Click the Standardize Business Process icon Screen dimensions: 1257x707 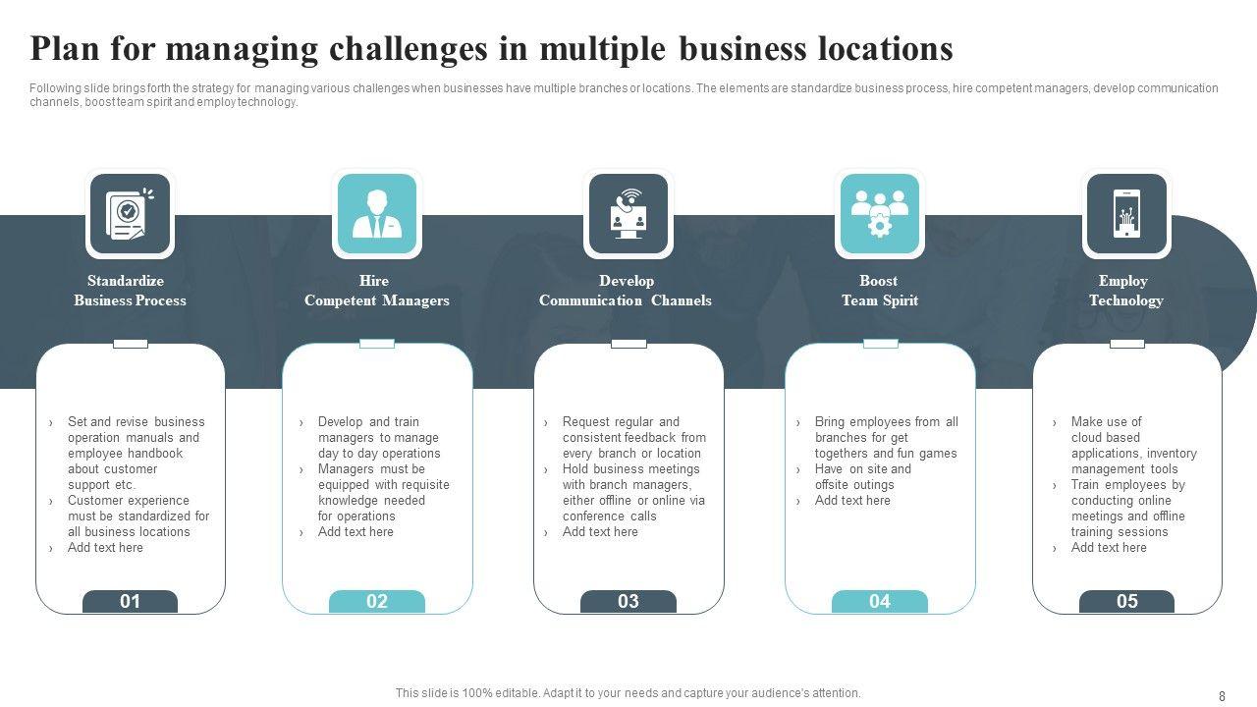(x=130, y=214)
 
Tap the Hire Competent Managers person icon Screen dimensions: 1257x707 (x=377, y=214)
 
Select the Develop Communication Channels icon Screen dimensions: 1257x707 (x=628, y=214)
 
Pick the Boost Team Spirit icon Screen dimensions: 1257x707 (x=880, y=214)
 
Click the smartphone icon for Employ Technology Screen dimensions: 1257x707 (x=1126, y=214)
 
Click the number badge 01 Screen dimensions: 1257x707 (x=130, y=602)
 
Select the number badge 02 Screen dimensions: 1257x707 (x=377, y=602)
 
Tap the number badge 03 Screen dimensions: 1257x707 (x=628, y=602)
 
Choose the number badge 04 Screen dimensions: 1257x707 (x=880, y=602)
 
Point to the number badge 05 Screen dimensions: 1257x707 (x=1126, y=602)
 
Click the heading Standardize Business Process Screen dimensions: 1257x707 (x=130, y=291)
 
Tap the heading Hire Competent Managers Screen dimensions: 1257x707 (x=376, y=291)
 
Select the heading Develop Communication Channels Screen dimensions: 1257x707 (x=626, y=291)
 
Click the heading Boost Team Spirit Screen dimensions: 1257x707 (x=879, y=291)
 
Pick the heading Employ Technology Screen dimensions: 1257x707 (x=1125, y=291)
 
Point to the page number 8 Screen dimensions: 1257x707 (x=1222, y=696)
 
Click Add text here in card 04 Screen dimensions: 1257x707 (x=852, y=501)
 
